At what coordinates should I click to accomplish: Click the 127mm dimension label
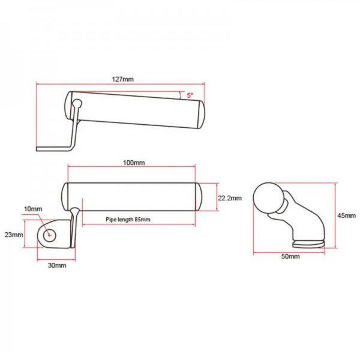pyautogui.click(x=122, y=79)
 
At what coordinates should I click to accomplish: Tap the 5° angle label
pyautogui.click(x=190, y=95)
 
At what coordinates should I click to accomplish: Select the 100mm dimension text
pyautogui.click(x=134, y=163)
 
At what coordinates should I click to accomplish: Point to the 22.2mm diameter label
pyautogui.click(x=230, y=198)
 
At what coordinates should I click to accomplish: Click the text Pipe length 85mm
pyautogui.click(x=128, y=220)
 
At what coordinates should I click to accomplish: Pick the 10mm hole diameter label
pyautogui.click(x=33, y=209)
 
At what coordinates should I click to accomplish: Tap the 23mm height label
pyautogui.click(x=14, y=235)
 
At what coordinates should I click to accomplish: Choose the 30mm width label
pyautogui.click(x=57, y=265)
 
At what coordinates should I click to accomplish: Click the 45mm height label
pyautogui.click(x=346, y=215)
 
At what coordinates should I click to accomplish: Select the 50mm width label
pyautogui.click(x=290, y=256)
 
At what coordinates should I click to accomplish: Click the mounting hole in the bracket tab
pyautogui.click(x=50, y=235)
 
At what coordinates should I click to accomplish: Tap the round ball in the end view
pyautogui.click(x=268, y=198)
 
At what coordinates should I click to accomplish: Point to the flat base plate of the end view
pyautogui.click(x=308, y=244)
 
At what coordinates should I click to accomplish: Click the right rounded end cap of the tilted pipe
pyautogui.click(x=201, y=115)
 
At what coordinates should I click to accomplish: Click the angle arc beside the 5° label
pyautogui.click(x=180, y=95)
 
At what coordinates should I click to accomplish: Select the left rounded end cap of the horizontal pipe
pyautogui.click(x=65, y=197)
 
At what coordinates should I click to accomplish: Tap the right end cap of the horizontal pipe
pyautogui.click(x=199, y=197)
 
